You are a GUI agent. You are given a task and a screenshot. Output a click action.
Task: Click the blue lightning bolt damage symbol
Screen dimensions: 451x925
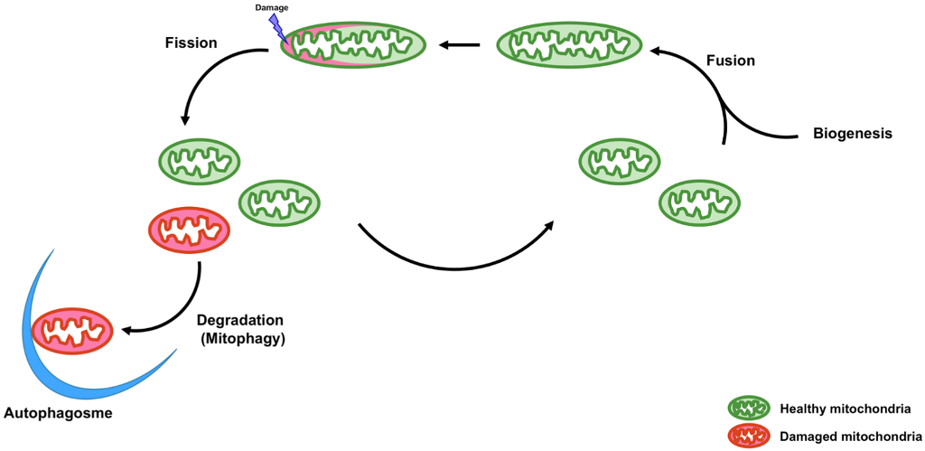[x=277, y=27]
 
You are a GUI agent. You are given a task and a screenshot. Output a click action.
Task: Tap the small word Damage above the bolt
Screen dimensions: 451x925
[x=272, y=7]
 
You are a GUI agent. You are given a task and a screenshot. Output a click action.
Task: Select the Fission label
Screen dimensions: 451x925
[x=192, y=42]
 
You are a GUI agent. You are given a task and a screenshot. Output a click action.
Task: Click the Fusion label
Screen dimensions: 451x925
[x=730, y=61]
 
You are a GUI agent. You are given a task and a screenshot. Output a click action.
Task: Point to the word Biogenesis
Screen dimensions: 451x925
[x=852, y=134]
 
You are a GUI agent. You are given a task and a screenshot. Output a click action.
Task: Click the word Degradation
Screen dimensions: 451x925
[x=240, y=321]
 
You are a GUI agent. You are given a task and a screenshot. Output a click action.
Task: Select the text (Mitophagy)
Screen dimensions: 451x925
[x=240, y=339]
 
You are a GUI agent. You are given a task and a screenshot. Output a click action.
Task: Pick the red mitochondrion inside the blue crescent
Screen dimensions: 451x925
[x=72, y=330]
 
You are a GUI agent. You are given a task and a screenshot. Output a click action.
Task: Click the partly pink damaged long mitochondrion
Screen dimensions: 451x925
[x=353, y=44]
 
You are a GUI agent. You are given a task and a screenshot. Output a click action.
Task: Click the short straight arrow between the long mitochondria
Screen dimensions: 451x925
[x=460, y=44]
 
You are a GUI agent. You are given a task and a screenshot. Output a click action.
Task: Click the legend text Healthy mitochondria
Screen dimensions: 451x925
[x=845, y=409]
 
